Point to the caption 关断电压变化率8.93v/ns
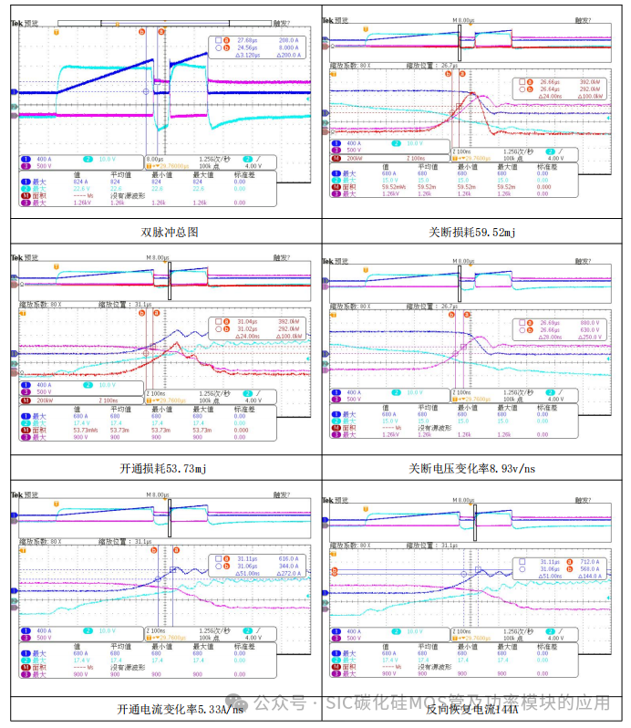pyautogui.click(x=472, y=468)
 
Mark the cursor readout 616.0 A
pyautogui.click(x=289, y=558)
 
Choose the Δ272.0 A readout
pyautogui.click(x=289, y=573)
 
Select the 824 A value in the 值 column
pyautogui.click(x=78, y=182)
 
